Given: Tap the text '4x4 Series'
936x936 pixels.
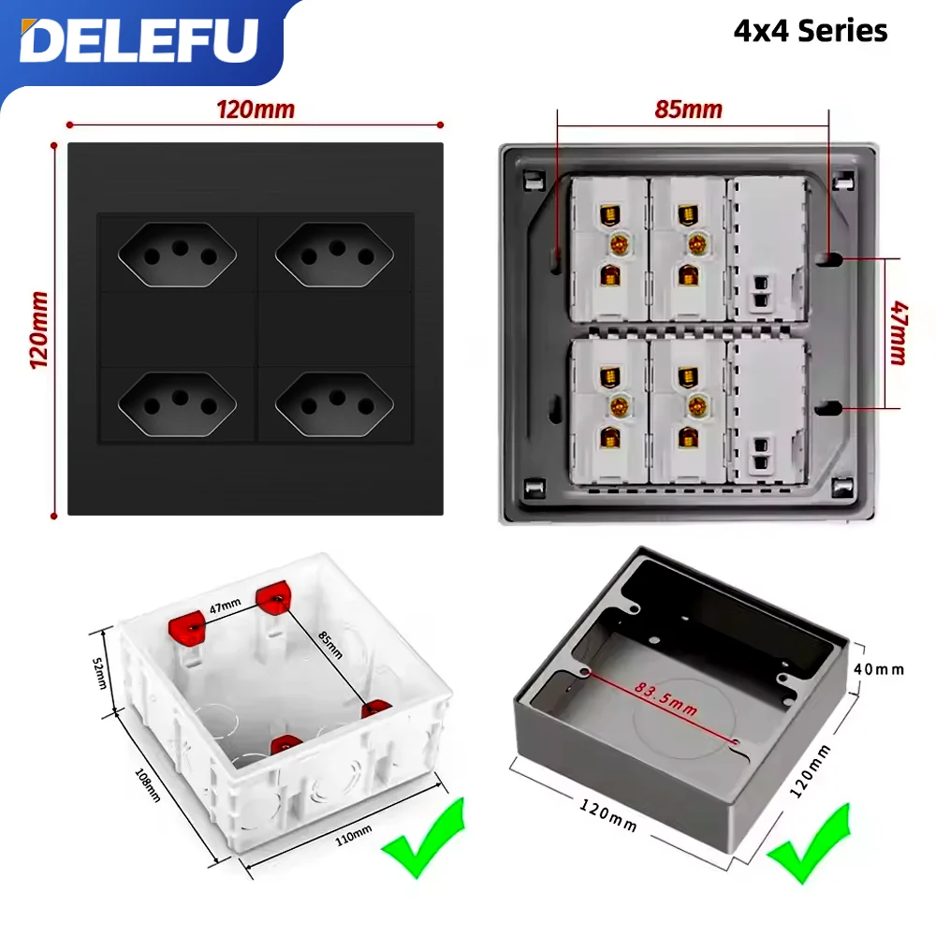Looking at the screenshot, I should (810, 31).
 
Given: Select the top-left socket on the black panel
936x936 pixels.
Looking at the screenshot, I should (178, 253).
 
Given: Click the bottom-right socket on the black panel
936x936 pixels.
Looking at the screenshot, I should (334, 405).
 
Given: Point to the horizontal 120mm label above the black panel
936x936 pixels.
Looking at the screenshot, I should (255, 110).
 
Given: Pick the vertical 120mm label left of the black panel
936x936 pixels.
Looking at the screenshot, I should (39, 329).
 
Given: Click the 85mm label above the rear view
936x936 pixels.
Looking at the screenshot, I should (688, 110).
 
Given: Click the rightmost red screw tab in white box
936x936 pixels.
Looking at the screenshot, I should (375, 709).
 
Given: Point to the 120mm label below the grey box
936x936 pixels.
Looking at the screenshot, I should (607, 815).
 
